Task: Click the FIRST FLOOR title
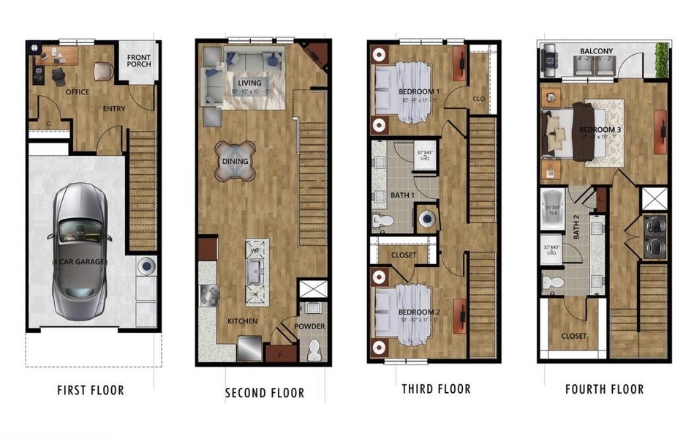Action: (x=91, y=391)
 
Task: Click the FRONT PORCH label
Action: (x=139, y=60)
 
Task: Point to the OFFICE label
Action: (x=77, y=93)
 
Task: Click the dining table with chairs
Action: (x=235, y=161)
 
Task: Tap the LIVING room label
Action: (x=249, y=83)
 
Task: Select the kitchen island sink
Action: (x=257, y=273)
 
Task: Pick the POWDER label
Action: (x=311, y=326)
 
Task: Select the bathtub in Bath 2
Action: (x=554, y=208)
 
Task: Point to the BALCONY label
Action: (x=598, y=50)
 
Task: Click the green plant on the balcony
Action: (x=662, y=59)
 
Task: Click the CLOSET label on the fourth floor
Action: (x=573, y=337)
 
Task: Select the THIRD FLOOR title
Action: (x=436, y=389)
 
